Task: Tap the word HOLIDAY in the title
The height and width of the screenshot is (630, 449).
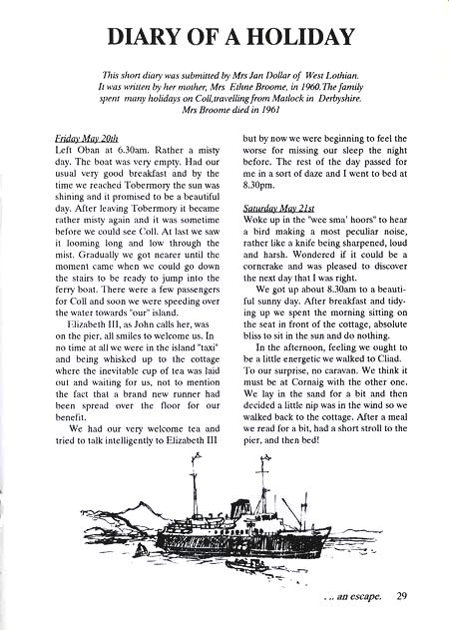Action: (x=297, y=38)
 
